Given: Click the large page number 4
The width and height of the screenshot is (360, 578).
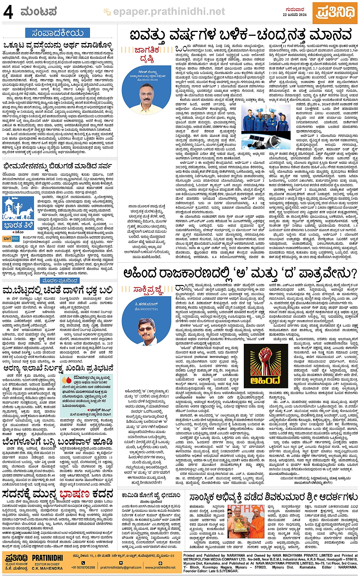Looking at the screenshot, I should tap(8, 12).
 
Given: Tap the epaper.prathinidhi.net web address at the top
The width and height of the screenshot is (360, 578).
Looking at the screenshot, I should tap(169, 13).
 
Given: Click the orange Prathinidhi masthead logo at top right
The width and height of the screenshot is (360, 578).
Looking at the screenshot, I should tap(335, 13).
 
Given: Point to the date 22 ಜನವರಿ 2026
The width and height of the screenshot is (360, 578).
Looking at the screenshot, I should tap(294, 14).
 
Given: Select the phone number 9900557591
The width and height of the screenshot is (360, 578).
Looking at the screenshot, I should tap(147, 309).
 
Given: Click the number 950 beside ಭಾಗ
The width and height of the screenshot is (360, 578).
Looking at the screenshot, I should tap(15, 239).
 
